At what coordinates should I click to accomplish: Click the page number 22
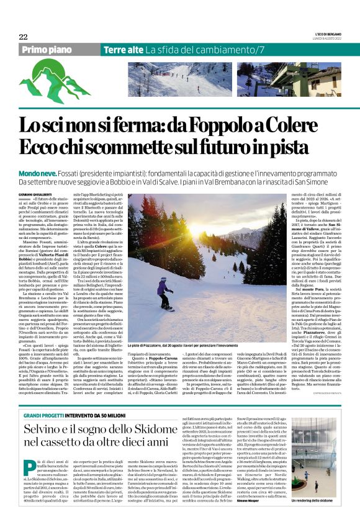pyautogui.click(x=22, y=37)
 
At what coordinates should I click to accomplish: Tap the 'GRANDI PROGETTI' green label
pyautogui.click(x=45, y=415)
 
